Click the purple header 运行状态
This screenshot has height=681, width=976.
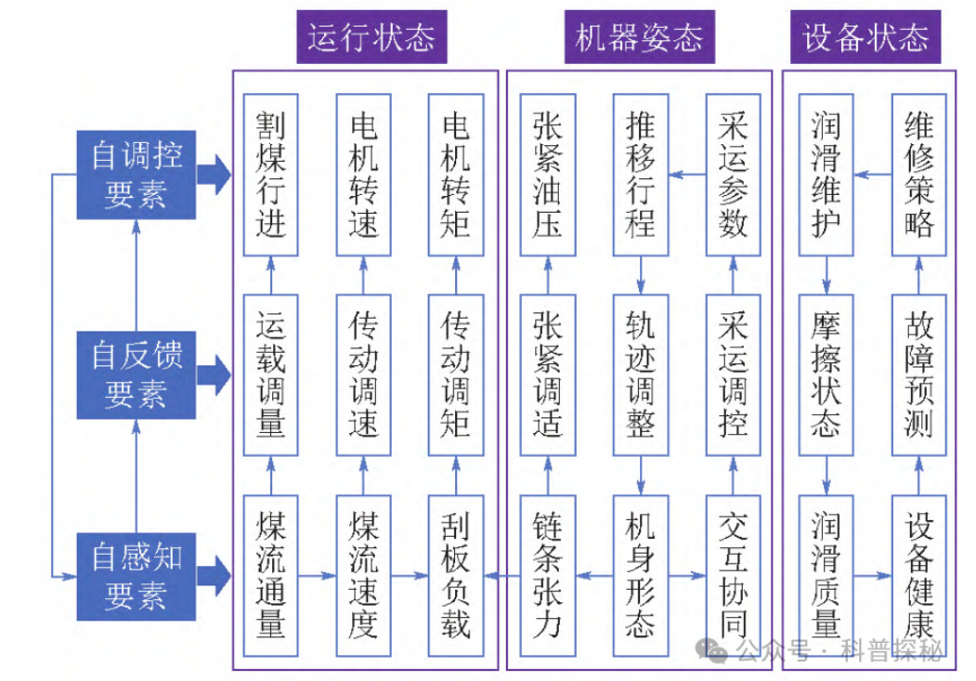pos(371,37)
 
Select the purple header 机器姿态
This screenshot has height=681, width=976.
pos(639,37)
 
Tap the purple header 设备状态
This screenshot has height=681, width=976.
pos(865,37)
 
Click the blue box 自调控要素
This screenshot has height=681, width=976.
pos(137,175)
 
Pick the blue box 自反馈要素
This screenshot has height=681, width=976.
pos(137,374)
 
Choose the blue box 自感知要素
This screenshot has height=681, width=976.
pos(137,576)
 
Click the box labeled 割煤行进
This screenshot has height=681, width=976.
pos(271,175)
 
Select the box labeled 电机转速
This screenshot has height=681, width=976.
pos(363,175)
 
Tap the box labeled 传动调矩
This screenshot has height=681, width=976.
pos(456,375)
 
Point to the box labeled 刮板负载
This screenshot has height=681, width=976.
pos(456,576)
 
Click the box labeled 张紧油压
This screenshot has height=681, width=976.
pos(548,175)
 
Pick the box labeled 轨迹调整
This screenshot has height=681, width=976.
pos(641,375)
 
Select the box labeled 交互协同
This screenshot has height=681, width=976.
pos(734,576)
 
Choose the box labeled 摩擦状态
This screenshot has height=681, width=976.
pos(826,375)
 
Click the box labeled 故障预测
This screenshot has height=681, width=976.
pos(918,375)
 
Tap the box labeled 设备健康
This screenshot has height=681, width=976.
pos(918,576)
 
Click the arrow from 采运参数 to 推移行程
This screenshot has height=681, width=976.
pos(687,175)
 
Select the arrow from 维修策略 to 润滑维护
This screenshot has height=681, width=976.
pos(873,175)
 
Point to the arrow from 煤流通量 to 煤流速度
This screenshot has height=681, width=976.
pos(318,575)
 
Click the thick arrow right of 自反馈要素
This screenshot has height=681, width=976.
pos(215,374)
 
